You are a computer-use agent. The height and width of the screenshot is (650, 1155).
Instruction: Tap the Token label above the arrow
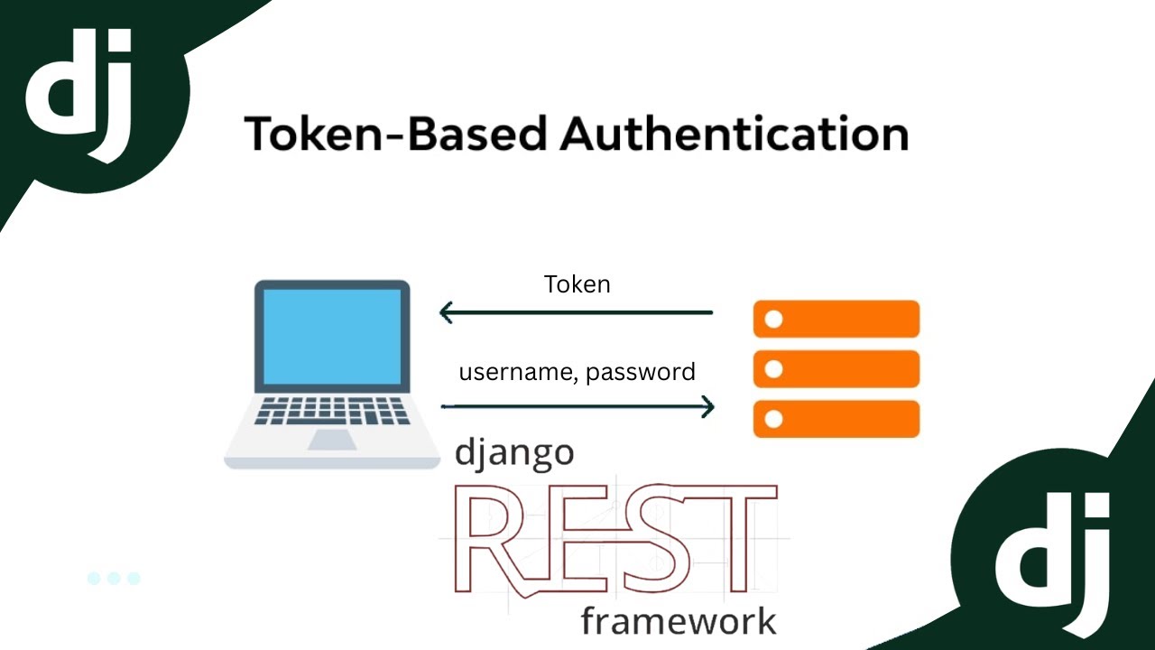point(577,284)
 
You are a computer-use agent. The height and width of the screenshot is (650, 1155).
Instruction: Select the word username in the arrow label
point(513,372)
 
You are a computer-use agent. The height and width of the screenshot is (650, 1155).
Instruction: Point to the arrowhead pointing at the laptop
point(446,313)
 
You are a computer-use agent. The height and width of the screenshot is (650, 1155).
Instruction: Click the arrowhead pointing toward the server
point(707,407)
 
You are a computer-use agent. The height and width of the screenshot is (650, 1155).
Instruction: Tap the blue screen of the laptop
point(332,336)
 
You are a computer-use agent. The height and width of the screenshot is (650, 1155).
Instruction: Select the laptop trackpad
point(331,440)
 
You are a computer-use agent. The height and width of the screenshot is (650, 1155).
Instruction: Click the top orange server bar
point(836,320)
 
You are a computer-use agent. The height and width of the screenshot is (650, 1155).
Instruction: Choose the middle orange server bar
point(836,369)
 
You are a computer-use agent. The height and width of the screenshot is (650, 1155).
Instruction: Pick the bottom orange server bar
point(836,419)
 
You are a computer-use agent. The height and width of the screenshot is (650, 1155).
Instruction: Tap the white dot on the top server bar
point(773,320)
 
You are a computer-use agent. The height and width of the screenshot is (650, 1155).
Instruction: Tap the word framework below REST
point(678,621)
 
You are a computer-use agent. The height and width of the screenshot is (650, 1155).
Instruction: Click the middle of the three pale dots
point(114,579)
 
